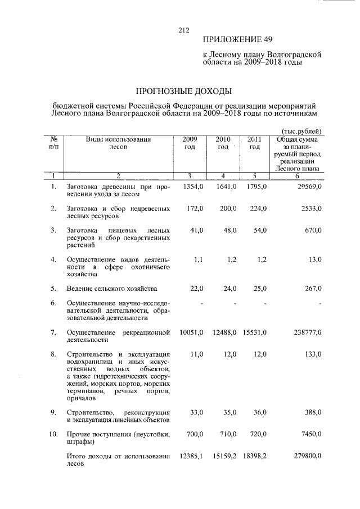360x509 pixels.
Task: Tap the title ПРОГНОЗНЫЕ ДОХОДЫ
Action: pyautogui.click(x=185, y=91)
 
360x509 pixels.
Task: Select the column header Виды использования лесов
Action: pyautogui.click(x=119, y=142)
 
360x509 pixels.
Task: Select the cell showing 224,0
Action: pyautogui.click(x=254, y=209)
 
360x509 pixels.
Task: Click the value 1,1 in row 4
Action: pyautogui.click(x=197, y=259)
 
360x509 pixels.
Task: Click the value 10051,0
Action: pyautogui.click(x=191, y=333)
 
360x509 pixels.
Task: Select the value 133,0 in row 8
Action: pyautogui.click(x=312, y=354)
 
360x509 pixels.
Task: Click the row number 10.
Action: pyautogui.click(x=53, y=435)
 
